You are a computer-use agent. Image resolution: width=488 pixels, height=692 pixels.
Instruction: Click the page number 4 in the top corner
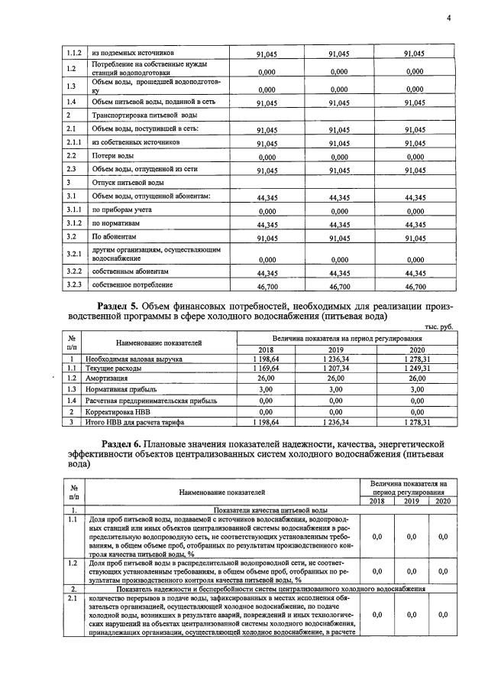tap(449, 18)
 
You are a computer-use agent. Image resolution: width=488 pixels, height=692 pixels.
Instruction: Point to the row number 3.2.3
tap(74, 286)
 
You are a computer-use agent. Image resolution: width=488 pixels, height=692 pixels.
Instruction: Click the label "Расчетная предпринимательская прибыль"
tap(151, 400)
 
